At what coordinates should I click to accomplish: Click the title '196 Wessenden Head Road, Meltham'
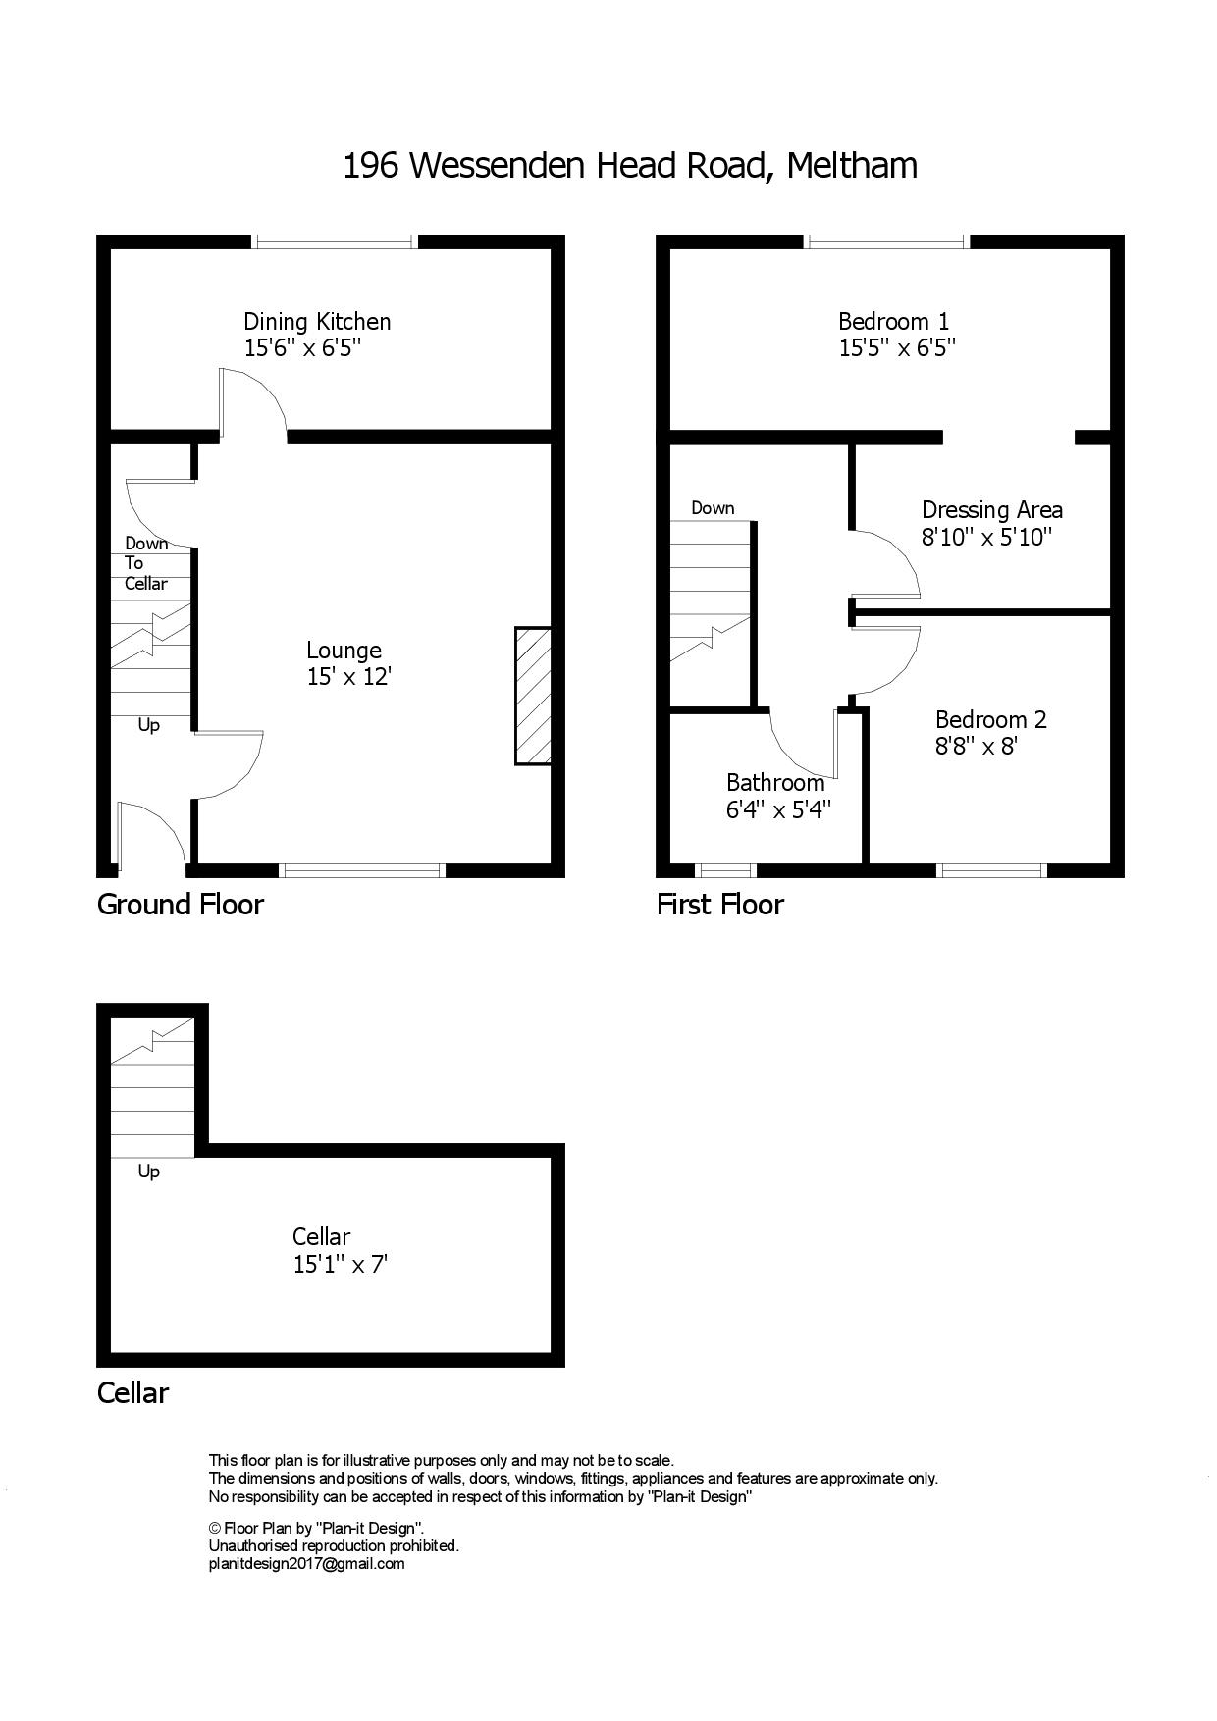point(630,166)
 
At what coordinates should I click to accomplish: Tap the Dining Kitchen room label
point(317,321)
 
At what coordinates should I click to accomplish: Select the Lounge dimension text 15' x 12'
point(348,676)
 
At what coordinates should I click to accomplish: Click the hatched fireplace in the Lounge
point(533,696)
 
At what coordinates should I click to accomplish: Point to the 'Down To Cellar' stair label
point(146,563)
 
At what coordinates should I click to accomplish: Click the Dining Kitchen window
point(335,241)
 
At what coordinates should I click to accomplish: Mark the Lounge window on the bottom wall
point(362,870)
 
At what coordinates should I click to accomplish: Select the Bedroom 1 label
point(894,321)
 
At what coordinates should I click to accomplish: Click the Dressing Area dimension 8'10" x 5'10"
point(986,537)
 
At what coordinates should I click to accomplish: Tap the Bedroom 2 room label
point(991,719)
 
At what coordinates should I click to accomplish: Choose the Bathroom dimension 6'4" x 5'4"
point(779,809)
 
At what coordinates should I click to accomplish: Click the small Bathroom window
point(725,870)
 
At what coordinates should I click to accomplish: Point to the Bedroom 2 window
point(991,870)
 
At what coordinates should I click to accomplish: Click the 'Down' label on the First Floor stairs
point(713,508)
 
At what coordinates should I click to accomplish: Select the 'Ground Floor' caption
point(181,904)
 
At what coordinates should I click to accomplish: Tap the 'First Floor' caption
point(720,904)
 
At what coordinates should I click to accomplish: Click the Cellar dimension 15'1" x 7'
point(341,1264)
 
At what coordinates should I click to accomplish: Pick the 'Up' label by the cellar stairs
point(148,1172)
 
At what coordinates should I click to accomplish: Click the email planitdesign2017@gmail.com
point(307,1564)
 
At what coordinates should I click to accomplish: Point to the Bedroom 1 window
point(887,241)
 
